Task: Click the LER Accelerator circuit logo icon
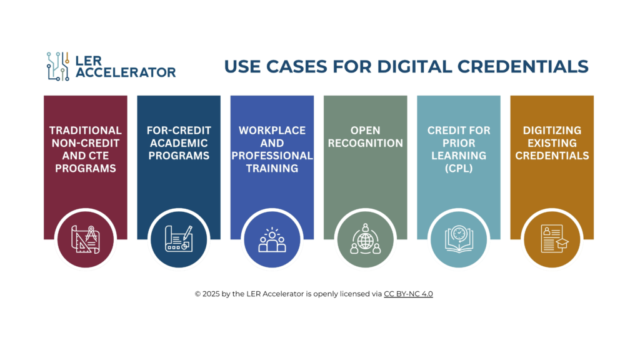click(x=58, y=66)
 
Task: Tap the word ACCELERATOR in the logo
click(x=126, y=72)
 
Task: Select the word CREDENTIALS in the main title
click(x=523, y=66)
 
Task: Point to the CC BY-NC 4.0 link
click(x=408, y=294)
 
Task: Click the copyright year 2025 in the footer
click(x=211, y=294)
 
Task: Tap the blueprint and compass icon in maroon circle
click(x=85, y=239)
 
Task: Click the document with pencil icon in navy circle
click(x=179, y=239)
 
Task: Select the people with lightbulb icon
click(x=272, y=240)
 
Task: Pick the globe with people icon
click(x=365, y=239)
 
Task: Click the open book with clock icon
click(x=459, y=239)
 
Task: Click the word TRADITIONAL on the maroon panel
click(x=85, y=131)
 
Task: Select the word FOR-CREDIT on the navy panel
click(x=179, y=131)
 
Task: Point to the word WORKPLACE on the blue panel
click(x=272, y=131)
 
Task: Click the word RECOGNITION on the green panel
click(x=365, y=143)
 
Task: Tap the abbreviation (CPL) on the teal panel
click(x=459, y=169)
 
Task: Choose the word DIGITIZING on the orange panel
click(x=552, y=131)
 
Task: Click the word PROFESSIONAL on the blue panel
click(x=272, y=156)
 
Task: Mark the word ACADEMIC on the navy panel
click(x=179, y=143)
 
